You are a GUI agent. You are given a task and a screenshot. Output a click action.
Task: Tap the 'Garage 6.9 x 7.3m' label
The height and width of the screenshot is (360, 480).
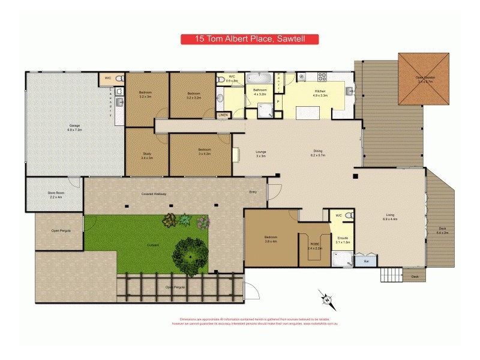74,127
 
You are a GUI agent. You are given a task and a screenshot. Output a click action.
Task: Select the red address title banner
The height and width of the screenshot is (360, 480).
249,40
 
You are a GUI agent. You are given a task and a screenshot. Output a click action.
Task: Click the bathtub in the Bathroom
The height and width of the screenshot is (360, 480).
259,79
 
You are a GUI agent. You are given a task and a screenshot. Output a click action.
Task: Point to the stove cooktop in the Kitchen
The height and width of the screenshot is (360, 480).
322,77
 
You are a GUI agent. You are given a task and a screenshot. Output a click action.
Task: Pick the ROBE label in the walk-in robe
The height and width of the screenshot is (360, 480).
314,245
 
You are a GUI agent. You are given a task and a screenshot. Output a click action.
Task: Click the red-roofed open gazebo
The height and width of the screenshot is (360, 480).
424,79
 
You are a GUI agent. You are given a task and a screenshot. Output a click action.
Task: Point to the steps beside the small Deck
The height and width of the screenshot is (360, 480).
391,275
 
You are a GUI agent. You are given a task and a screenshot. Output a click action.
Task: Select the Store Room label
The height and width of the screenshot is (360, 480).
55,194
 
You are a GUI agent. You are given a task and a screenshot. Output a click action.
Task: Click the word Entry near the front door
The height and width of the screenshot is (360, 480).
253,192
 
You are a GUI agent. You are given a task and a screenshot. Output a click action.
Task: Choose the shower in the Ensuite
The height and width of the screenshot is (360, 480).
343,258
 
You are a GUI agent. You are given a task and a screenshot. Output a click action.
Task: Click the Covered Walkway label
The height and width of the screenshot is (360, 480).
154,194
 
